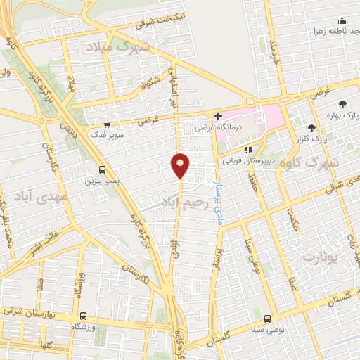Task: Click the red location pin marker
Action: pyautogui.click(x=181, y=165)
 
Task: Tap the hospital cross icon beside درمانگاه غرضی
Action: pyautogui.click(x=218, y=115)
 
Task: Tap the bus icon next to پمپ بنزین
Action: pyautogui.click(x=103, y=169)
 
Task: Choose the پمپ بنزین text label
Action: pyautogui.click(x=100, y=181)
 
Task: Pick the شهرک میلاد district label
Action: pyautogui.click(x=117, y=48)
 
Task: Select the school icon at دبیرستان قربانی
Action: pyautogui.click(x=247, y=149)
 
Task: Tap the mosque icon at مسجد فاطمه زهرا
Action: pyautogui.click(x=342, y=21)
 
